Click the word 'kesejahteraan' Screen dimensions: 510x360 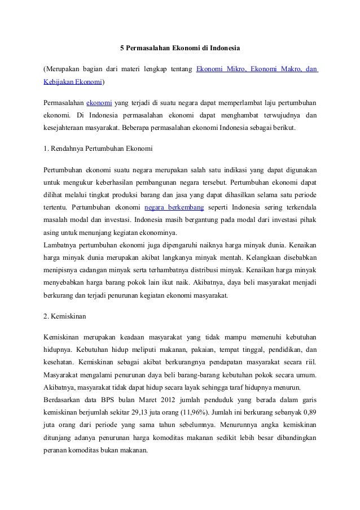pos(65,128)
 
